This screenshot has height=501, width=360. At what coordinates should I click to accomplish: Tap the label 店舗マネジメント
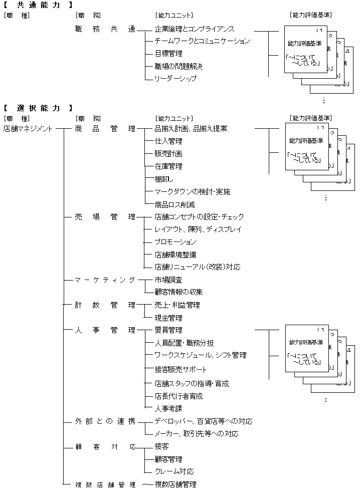[x=28, y=129]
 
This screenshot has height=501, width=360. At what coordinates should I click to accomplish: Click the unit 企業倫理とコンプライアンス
[x=195, y=30]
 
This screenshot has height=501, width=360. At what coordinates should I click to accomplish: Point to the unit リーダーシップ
[x=175, y=79]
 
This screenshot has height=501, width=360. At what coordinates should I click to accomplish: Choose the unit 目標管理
[x=168, y=54]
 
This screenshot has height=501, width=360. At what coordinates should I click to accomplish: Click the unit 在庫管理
[x=168, y=166]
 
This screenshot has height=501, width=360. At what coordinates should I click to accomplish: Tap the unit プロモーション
[x=175, y=242]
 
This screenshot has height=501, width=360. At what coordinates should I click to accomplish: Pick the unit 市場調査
[x=168, y=280]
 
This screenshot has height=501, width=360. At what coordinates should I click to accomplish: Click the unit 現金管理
[x=168, y=318]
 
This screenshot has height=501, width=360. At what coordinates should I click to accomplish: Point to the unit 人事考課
[x=168, y=409]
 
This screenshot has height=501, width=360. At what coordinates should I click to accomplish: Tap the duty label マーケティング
[x=105, y=280]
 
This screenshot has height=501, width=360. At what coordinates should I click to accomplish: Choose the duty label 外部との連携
[x=105, y=421]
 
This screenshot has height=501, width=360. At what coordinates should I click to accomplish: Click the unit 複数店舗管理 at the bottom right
[x=175, y=484]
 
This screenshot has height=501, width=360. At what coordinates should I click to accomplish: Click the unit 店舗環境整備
[x=175, y=255]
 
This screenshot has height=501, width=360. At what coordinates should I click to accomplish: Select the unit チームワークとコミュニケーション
[x=202, y=41]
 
